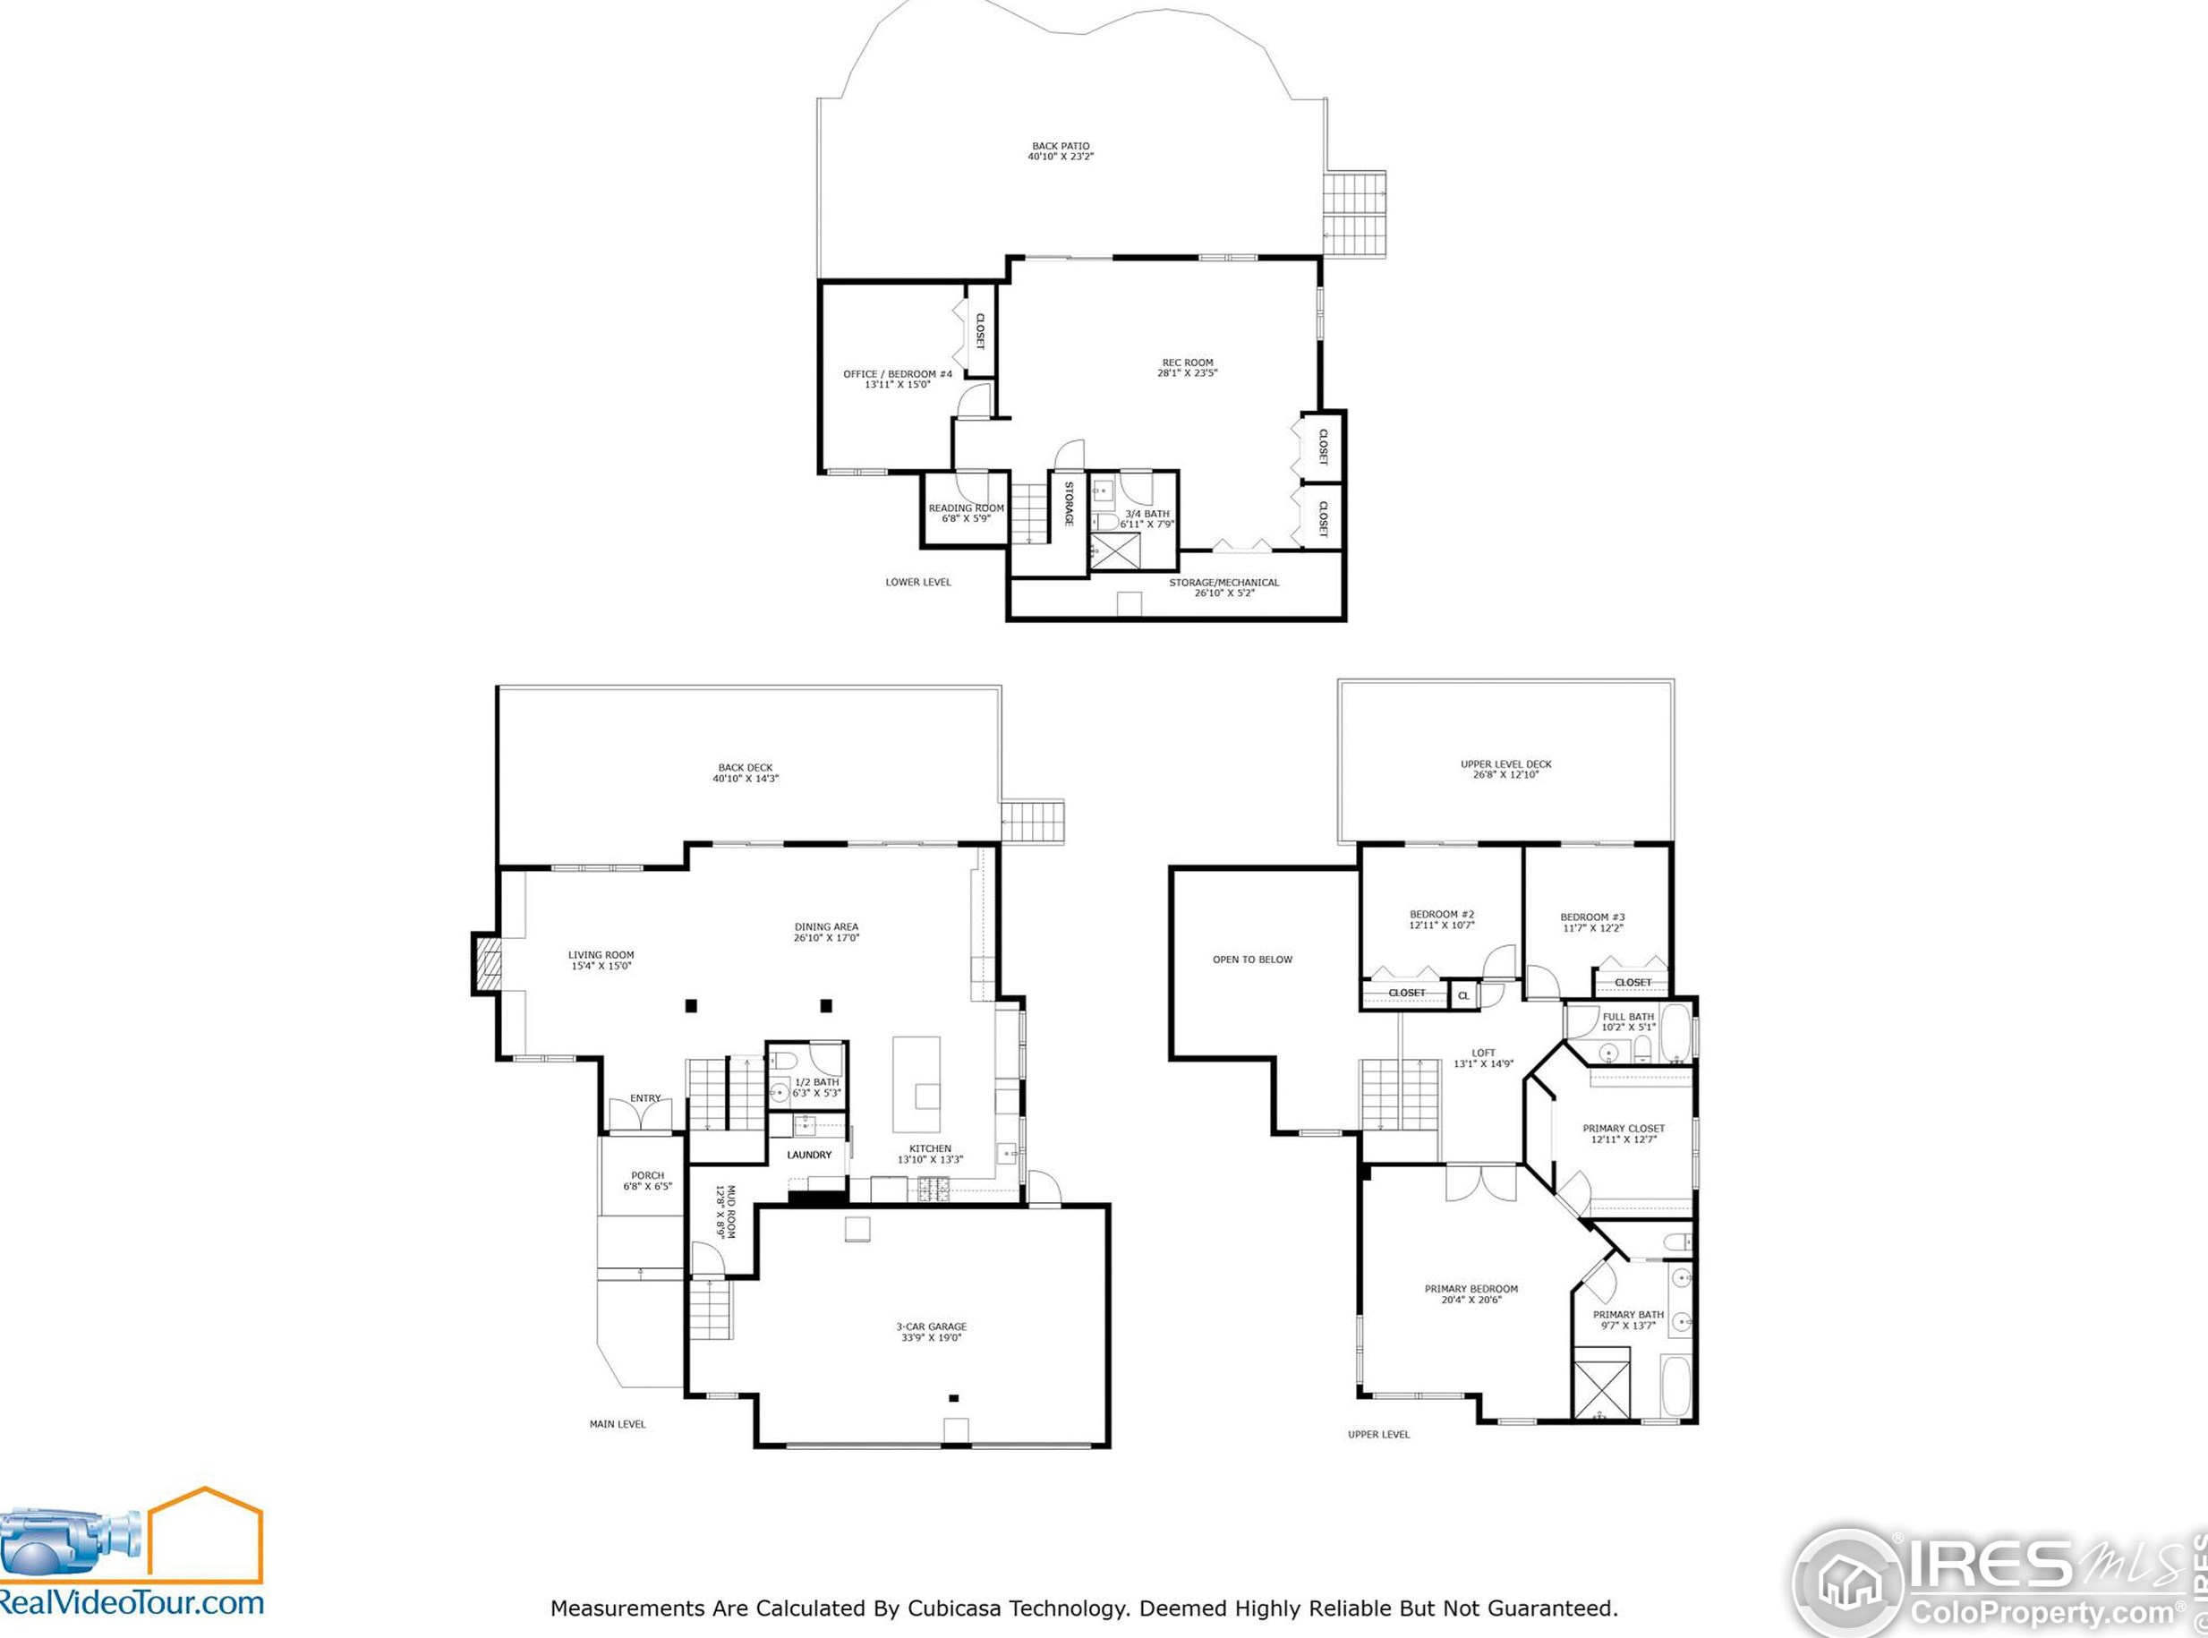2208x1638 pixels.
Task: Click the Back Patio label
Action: (x=1060, y=150)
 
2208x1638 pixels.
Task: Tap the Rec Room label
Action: (x=1187, y=368)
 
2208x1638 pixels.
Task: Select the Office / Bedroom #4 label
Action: (x=898, y=379)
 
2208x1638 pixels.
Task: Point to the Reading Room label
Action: (x=966, y=513)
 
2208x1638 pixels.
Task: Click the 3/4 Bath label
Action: (x=1147, y=518)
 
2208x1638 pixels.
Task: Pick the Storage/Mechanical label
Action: (x=1223, y=587)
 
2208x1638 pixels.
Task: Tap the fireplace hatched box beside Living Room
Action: (x=488, y=963)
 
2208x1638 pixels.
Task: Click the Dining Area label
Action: (x=826, y=932)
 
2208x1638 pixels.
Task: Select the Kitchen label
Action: (x=930, y=1154)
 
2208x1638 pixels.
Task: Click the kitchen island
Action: (x=916, y=1085)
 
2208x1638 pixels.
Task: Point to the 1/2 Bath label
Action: (x=817, y=1088)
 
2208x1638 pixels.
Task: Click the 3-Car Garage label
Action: (x=931, y=1332)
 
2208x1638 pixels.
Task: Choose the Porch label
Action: (x=647, y=1181)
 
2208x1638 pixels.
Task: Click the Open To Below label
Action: (x=1252, y=960)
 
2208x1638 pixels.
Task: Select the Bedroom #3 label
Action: (x=1592, y=922)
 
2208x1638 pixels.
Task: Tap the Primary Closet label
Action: (x=1623, y=1133)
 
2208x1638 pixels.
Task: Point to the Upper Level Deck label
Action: (x=1506, y=769)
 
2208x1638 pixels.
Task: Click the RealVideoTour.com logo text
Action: (x=132, y=1601)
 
